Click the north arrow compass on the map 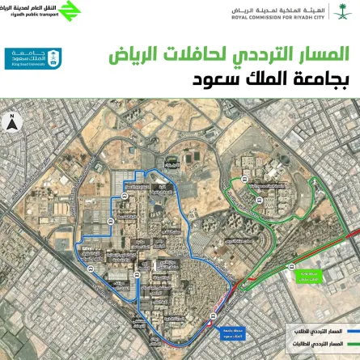pyautogui.click(x=14, y=123)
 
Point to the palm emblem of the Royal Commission pyautogui.click(x=343, y=11)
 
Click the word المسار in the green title pyautogui.click(x=322, y=57)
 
